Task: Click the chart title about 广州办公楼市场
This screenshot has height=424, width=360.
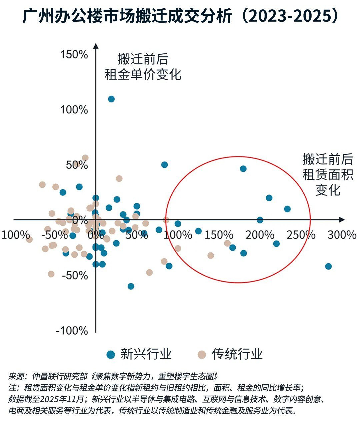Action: tap(180, 16)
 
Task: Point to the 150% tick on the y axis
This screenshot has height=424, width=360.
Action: tap(74, 54)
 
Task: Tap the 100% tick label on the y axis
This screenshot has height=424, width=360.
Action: tap(74, 109)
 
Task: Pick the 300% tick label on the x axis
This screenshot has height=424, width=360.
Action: tap(342, 235)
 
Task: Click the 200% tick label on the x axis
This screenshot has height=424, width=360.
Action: tap(260, 235)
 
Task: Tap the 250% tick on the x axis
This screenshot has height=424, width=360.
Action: tap(301, 235)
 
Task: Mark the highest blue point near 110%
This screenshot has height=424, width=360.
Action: tap(111, 99)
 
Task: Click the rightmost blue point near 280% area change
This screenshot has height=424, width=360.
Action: tap(328, 266)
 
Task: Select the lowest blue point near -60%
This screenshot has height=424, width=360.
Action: tap(131, 286)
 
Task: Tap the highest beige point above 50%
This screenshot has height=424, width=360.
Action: tap(85, 158)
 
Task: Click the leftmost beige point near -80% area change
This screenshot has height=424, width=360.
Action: tap(29, 240)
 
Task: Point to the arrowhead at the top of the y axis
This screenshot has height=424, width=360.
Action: tap(96, 46)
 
